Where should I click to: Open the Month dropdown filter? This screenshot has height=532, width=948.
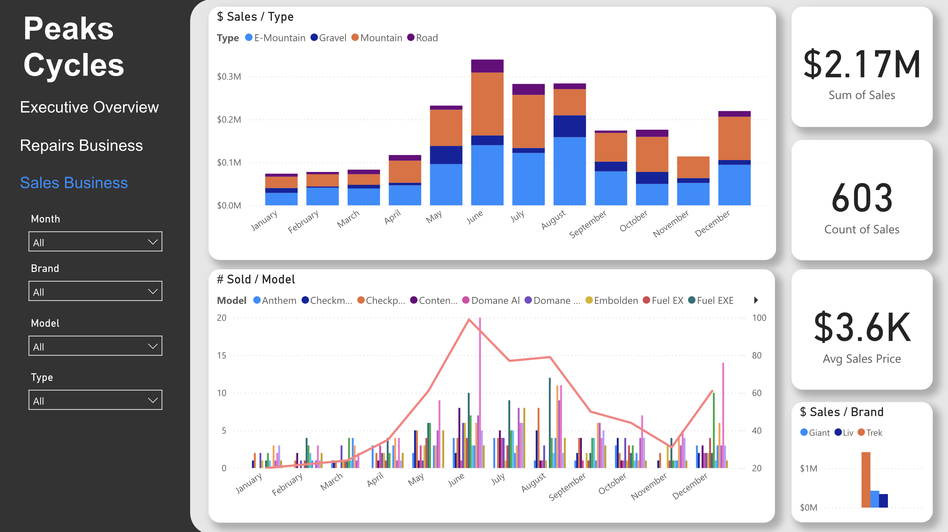(x=95, y=242)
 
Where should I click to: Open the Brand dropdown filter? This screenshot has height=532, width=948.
(x=95, y=291)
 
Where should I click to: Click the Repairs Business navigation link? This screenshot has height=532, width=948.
(x=81, y=145)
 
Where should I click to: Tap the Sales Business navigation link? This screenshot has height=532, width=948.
(x=74, y=183)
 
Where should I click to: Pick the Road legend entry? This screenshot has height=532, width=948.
(x=423, y=38)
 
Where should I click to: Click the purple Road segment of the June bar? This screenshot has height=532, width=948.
(x=487, y=66)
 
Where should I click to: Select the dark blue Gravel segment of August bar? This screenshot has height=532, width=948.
(x=570, y=126)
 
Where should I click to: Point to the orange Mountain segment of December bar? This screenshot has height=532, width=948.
(x=734, y=138)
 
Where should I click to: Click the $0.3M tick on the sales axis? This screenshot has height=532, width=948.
(x=229, y=77)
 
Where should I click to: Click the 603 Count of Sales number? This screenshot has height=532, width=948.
(x=862, y=198)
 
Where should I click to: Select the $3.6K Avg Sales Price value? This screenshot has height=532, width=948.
(x=862, y=327)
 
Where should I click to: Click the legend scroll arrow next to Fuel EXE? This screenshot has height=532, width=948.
(x=756, y=300)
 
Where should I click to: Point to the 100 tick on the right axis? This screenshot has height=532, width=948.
(x=759, y=318)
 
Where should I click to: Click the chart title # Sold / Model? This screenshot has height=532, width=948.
(x=256, y=280)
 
